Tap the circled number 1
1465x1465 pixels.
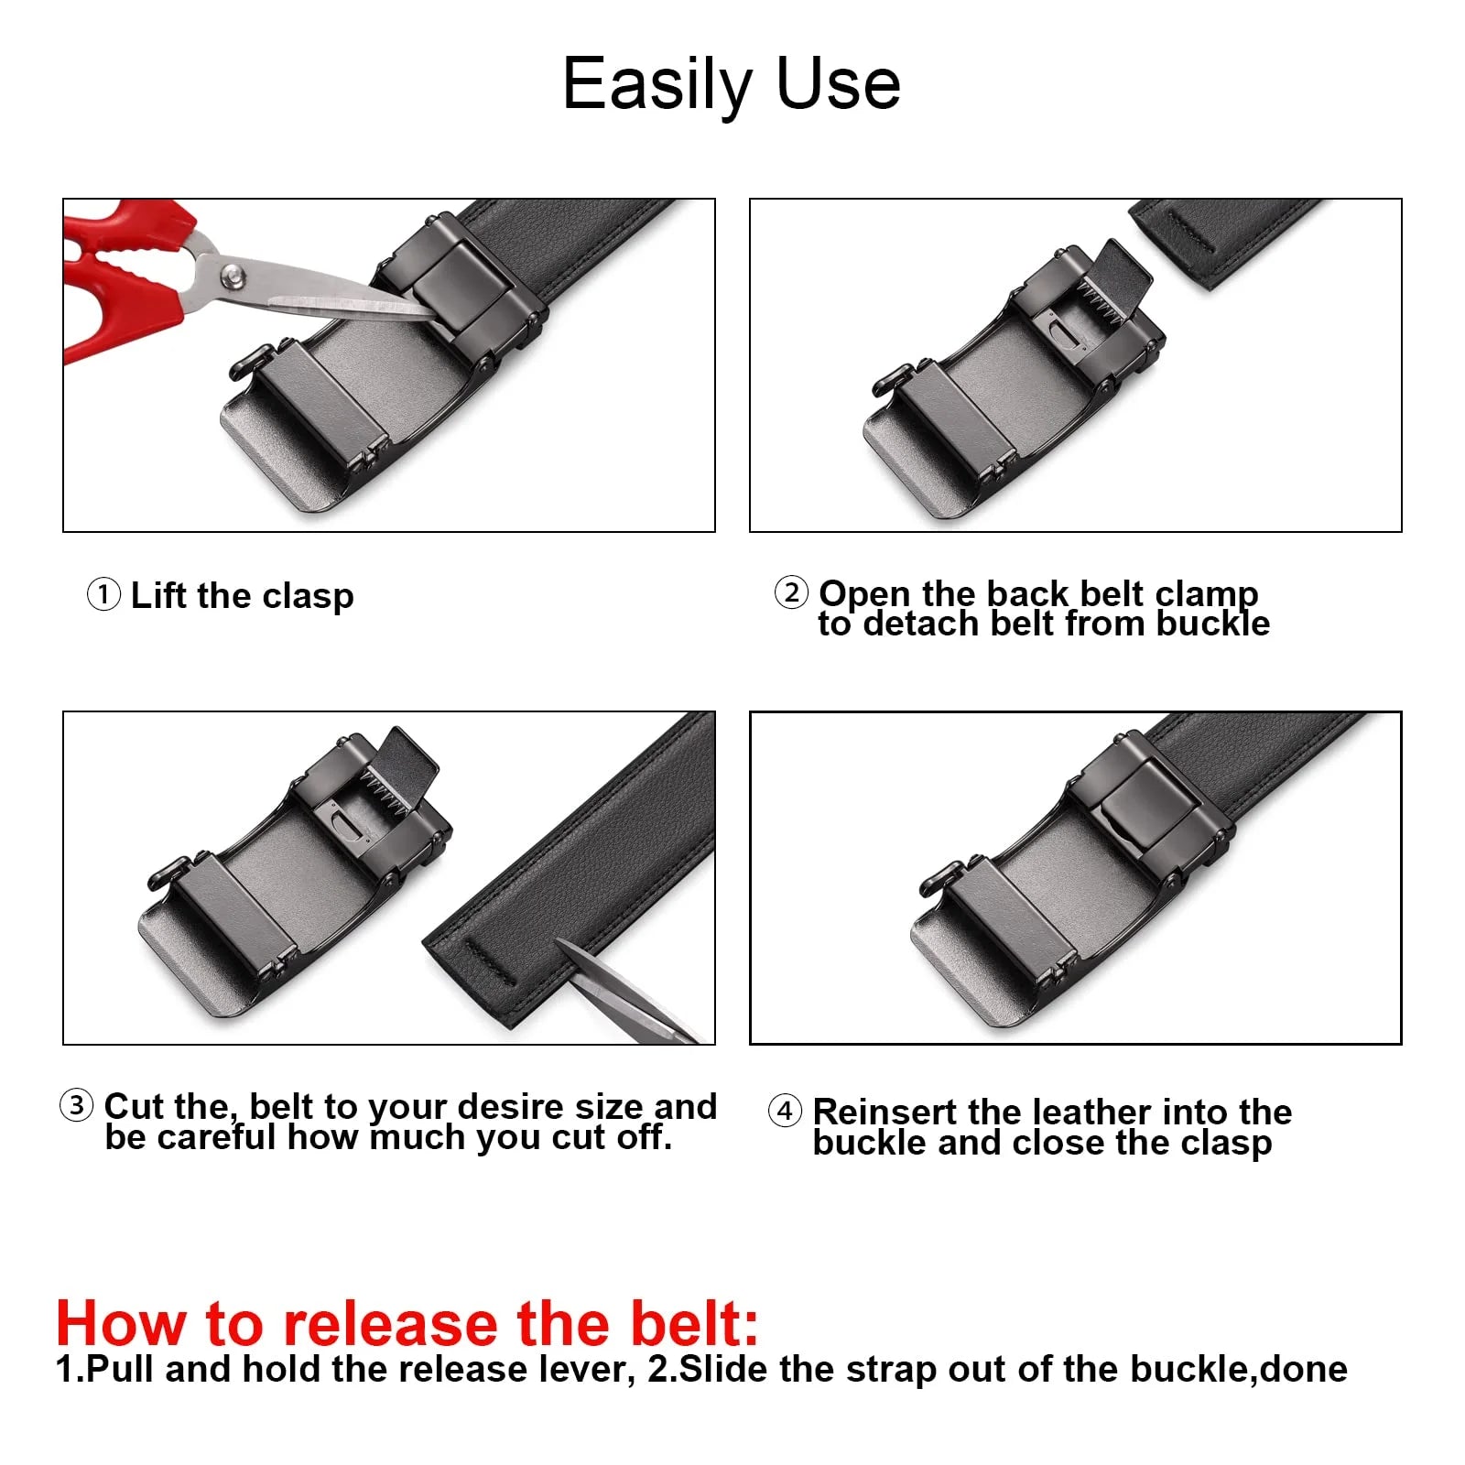pyautogui.click(x=103, y=594)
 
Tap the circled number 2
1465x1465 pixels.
pyautogui.click(x=791, y=592)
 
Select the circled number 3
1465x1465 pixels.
pyautogui.click(x=77, y=1105)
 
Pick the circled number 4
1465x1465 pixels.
pyautogui.click(x=785, y=1112)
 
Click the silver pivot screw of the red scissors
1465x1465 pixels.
pyautogui.click(x=233, y=273)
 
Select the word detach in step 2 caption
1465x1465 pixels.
pyautogui.click(x=922, y=624)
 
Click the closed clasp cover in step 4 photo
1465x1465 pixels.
pyautogui.click(x=1149, y=806)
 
